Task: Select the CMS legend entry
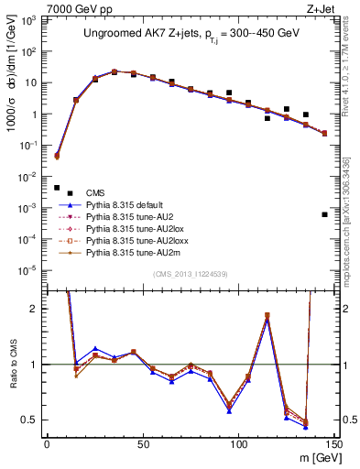pos(95,191)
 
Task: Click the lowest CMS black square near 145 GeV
pos(324,214)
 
